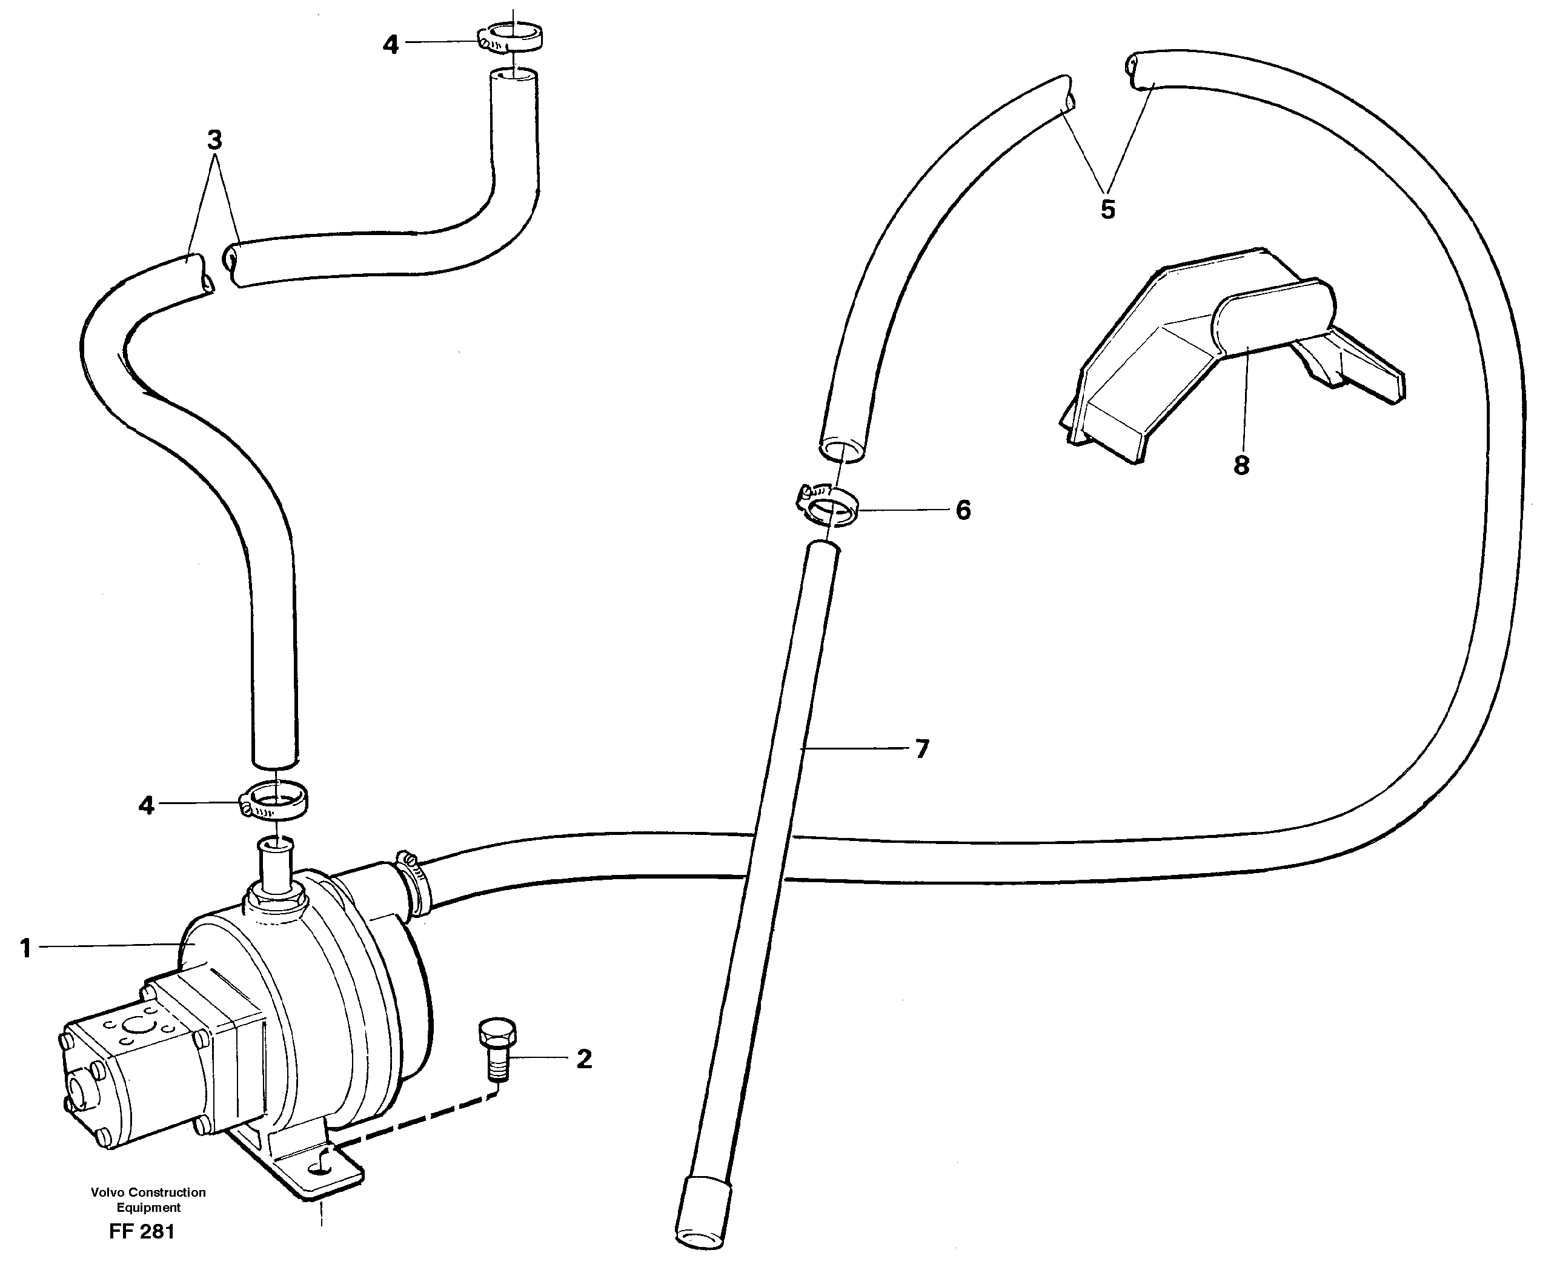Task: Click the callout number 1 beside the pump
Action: [26, 949]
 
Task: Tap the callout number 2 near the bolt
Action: [583, 1059]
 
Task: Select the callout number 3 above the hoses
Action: [214, 139]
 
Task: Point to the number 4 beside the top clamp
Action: [391, 45]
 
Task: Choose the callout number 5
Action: [1108, 209]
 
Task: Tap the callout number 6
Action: [963, 510]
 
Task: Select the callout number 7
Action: [922, 748]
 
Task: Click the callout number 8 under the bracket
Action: [1241, 465]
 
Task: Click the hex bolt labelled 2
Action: [497, 1051]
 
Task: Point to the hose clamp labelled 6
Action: [826, 507]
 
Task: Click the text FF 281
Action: [142, 1232]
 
